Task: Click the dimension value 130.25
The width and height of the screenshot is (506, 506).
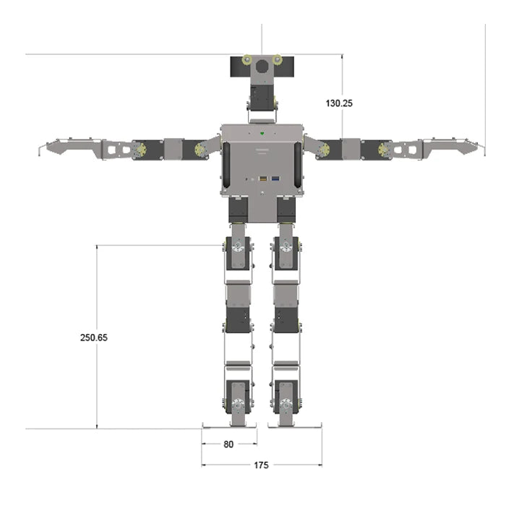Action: click(339, 103)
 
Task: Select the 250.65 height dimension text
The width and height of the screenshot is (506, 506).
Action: click(94, 338)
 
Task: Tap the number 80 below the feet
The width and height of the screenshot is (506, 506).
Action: click(228, 445)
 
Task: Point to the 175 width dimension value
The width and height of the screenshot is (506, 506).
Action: click(261, 466)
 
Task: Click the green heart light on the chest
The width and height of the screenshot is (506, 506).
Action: click(262, 133)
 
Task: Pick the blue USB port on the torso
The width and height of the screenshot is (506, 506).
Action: click(275, 177)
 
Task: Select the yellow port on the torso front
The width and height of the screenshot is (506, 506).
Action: click(264, 177)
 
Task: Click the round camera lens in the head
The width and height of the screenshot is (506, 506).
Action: click(262, 67)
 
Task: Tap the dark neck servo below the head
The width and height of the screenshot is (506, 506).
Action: click(262, 95)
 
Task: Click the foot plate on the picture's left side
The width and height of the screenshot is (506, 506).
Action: click(228, 425)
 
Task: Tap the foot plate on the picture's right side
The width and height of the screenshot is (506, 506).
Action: click(294, 425)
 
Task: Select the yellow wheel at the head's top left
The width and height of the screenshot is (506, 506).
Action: click(247, 59)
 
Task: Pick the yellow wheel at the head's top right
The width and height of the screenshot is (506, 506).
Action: click(277, 59)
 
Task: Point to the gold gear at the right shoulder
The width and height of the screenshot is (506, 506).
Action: click(325, 150)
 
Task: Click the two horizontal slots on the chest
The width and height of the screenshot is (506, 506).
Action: click(262, 150)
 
